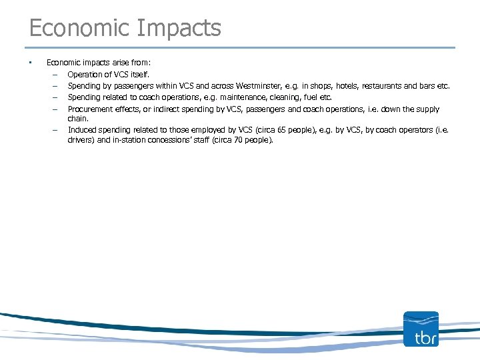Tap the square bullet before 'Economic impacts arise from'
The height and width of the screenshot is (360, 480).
tap(30, 63)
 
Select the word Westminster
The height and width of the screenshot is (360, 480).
tap(255, 86)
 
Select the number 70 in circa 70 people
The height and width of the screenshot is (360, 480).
tap(239, 141)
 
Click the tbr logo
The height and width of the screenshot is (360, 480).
tap(421, 329)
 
